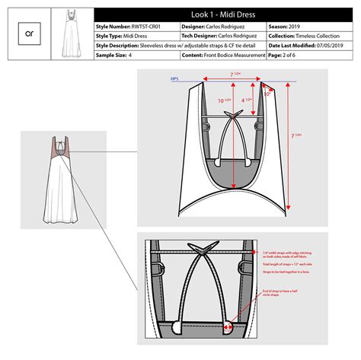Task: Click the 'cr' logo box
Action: point(30,34)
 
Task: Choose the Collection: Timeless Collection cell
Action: point(304,36)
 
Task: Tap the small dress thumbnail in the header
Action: point(71,34)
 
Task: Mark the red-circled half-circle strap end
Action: point(227,329)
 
